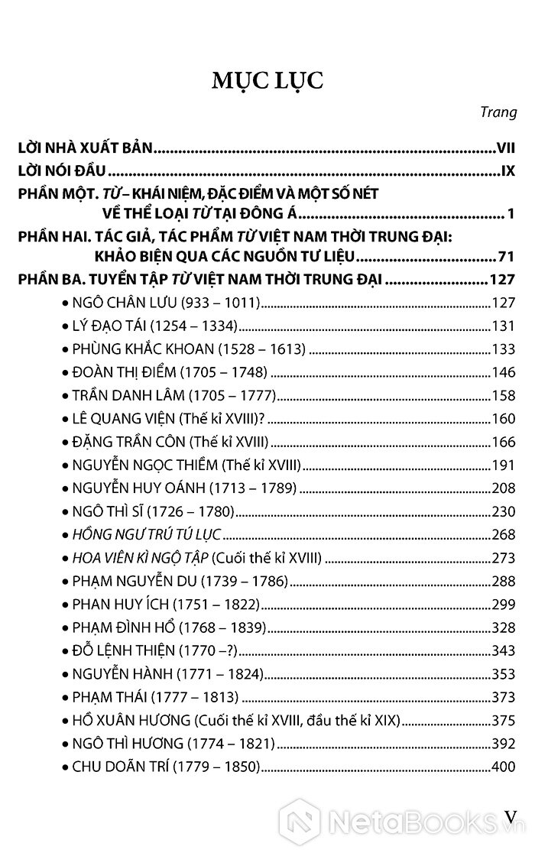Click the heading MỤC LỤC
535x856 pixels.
(x=267, y=79)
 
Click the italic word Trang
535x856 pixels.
(x=501, y=112)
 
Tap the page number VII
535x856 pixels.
(x=506, y=144)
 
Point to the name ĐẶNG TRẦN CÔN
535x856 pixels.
(x=126, y=442)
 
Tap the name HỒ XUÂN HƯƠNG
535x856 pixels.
(x=130, y=720)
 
